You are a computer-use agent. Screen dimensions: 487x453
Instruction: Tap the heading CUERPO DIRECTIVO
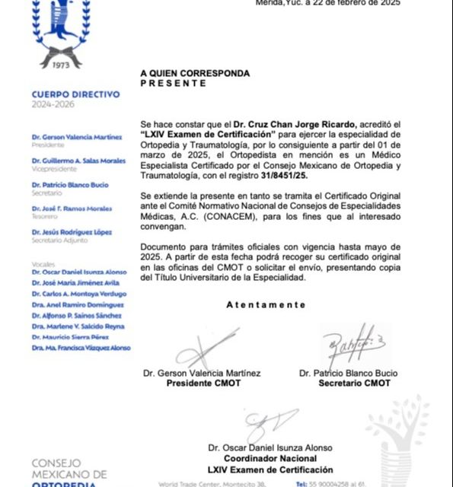75,94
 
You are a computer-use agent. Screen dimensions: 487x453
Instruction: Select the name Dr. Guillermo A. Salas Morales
79,161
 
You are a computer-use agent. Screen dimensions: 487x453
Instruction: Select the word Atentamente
266,305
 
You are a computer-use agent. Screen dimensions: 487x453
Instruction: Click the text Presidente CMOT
203,384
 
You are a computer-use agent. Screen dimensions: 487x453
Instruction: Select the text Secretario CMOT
355,384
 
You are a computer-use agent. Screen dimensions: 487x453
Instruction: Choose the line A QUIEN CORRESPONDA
194,74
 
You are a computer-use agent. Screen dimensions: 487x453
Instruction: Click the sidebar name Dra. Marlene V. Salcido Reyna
79,326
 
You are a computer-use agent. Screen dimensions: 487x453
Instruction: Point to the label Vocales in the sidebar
43,263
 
